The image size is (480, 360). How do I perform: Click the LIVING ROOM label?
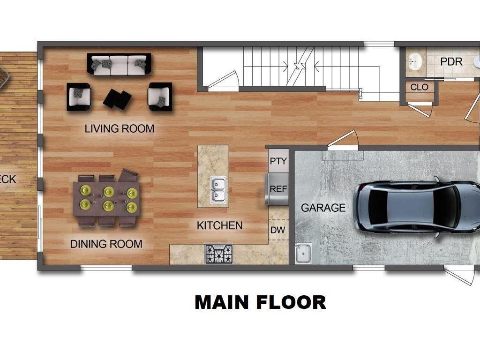pyautogui.click(x=119, y=128)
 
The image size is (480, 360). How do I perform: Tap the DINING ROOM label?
pyautogui.click(x=106, y=244)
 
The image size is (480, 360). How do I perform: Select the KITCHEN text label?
pyautogui.click(x=219, y=225)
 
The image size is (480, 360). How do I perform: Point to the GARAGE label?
pyautogui.click(x=323, y=208)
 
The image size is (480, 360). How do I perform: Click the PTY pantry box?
pyautogui.click(x=278, y=161)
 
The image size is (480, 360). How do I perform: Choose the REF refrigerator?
pyautogui.click(x=278, y=189)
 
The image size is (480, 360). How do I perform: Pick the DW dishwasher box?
pyautogui.click(x=278, y=230)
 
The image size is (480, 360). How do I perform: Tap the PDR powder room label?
pyautogui.click(x=451, y=62)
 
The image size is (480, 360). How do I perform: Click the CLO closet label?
pyautogui.click(x=419, y=87)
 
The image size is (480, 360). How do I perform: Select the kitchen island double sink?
pyautogui.click(x=217, y=189)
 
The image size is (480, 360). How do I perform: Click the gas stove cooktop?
pyautogui.click(x=218, y=254)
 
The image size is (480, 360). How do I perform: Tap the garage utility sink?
pyautogui.click(x=303, y=253)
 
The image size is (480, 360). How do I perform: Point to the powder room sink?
pyautogui.click(x=414, y=61)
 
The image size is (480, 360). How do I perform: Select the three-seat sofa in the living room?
pyautogui.click(x=119, y=64)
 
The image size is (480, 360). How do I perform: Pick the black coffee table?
pyautogui.click(x=117, y=99)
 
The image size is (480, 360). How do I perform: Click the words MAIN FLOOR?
pyautogui.click(x=260, y=302)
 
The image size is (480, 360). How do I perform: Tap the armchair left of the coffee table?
pyautogui.click(x=78, y=97)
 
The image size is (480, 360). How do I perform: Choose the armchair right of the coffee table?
pyautogui.click(x=160, y=97)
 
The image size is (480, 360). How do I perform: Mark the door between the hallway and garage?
pyautogui.click(x=343, y=141)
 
